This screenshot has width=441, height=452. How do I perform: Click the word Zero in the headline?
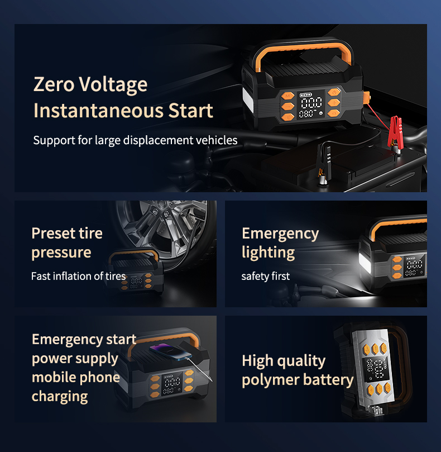point(53,84)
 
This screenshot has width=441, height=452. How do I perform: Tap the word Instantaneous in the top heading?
point(92,110)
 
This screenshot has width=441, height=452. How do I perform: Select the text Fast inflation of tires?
point(78,276)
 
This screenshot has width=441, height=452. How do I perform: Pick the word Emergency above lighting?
point(280,233)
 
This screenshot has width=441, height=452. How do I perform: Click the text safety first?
point(265,276)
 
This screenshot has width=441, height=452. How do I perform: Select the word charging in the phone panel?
point(60,396)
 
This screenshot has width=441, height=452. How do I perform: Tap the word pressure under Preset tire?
point(61,252)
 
